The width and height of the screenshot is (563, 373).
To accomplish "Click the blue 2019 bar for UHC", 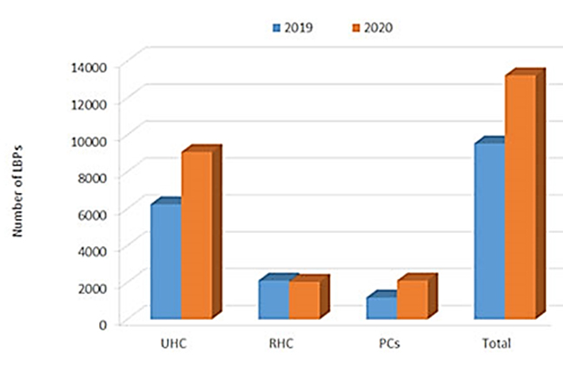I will (x=166, y=261).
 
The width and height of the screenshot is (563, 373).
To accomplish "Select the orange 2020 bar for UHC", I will (x=196, y=235).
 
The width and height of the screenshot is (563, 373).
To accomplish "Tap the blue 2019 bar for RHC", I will (x=274, y=298).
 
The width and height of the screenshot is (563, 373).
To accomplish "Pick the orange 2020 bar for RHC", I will (x=304, y=299).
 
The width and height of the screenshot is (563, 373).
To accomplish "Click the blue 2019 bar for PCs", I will (x=381, y=308).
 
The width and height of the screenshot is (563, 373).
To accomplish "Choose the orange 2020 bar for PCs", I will (x=412, y=299).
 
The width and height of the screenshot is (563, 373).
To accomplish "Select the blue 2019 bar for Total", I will (x=489, y=230).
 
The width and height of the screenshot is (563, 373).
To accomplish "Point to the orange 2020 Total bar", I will (x=520, y=196).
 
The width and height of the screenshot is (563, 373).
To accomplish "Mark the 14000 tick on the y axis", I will (x=88, y=65).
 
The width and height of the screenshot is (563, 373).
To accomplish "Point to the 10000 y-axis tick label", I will (x=88, y=139).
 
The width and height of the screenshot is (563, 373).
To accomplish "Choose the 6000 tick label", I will (x=91, y=213).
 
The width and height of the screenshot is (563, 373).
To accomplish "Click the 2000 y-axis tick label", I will (x=91, y=286).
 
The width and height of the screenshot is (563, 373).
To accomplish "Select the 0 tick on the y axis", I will (x=102, y=323).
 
